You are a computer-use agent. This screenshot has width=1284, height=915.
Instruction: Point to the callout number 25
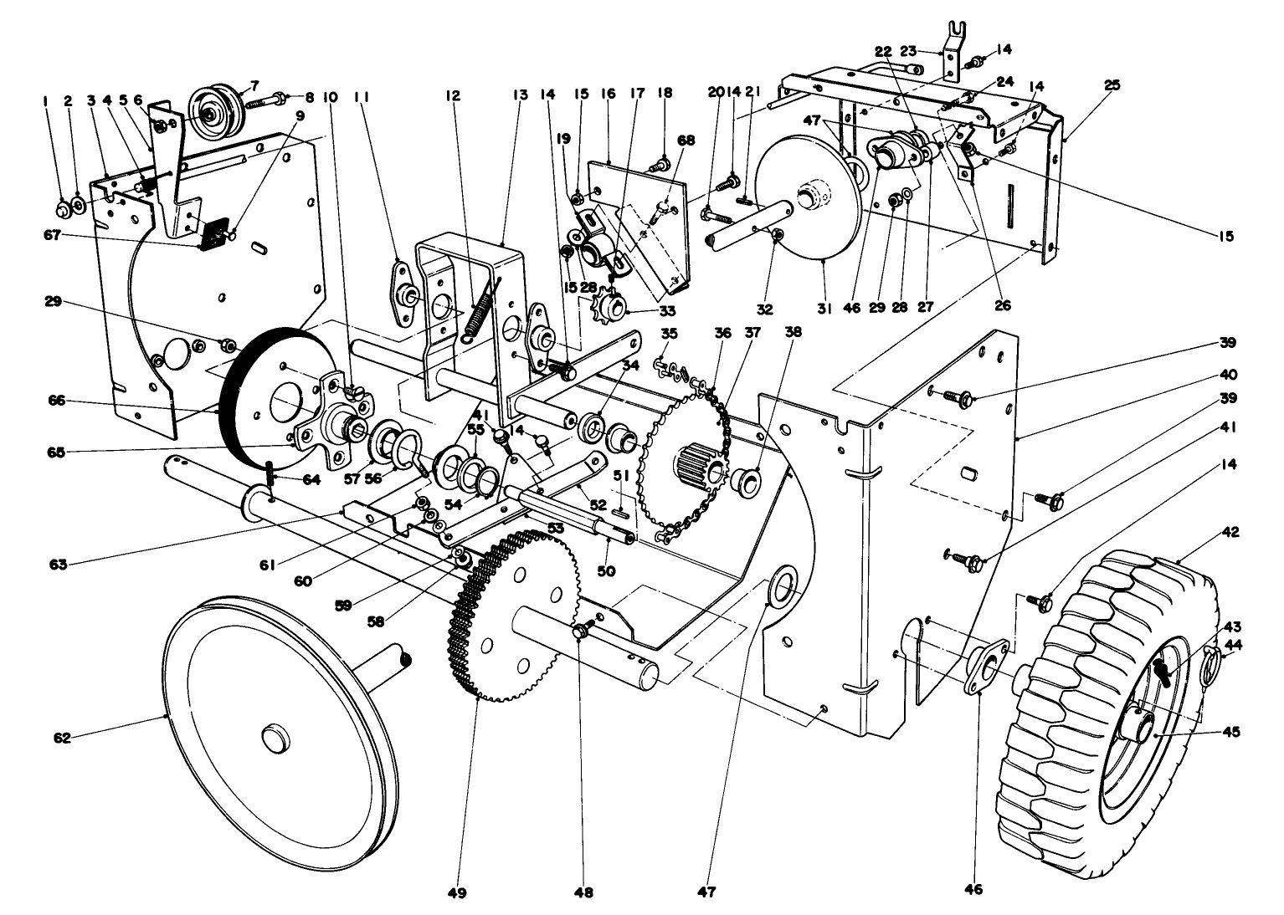point(1111,85)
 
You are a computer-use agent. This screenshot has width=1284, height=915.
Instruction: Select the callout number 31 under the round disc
point(824,308)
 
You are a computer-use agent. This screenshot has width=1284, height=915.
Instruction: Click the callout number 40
point(1228,374)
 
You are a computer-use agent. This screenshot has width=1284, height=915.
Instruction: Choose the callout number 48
point(583,892)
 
